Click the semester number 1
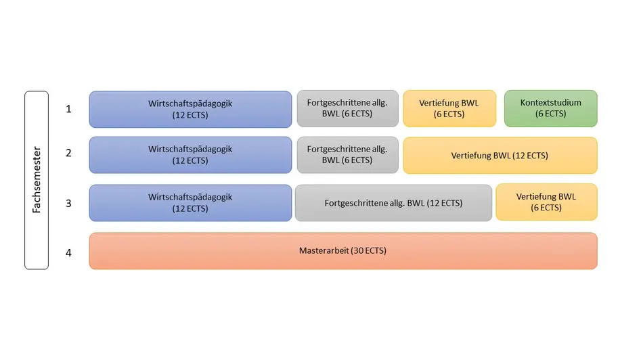(68, 109)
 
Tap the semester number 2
(68, 153)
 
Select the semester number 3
(68, 204)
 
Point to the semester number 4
(68, 253)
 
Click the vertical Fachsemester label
(37, 180)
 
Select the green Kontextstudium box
(551, 108)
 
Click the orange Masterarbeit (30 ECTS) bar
(343, 251)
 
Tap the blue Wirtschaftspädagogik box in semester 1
(190, 109)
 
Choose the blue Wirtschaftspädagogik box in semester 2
(190, 155)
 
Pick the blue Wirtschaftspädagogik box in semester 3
(190, 203)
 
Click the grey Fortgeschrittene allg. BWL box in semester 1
(347, 108)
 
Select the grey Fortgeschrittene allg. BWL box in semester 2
(347, 155)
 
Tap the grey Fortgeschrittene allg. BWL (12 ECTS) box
(393, 203)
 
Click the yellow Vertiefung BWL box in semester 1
(449, 108)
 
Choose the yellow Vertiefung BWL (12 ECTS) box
(500, 155)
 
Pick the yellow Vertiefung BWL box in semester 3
(546, 202)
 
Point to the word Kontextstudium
(551, 103)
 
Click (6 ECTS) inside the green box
(551, 114)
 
